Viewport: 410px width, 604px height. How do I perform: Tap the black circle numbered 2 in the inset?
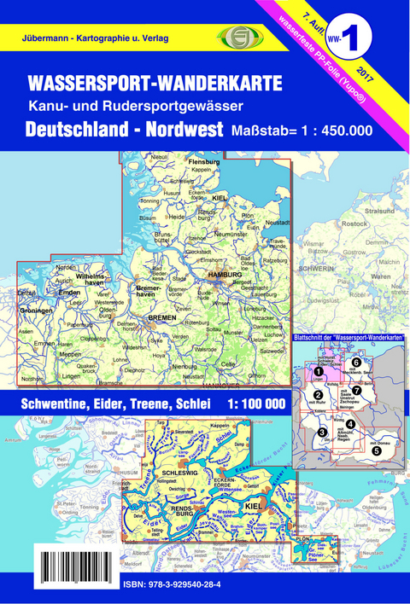click(318, 393)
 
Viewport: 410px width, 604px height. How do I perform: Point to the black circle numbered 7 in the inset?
click(356, 391)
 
